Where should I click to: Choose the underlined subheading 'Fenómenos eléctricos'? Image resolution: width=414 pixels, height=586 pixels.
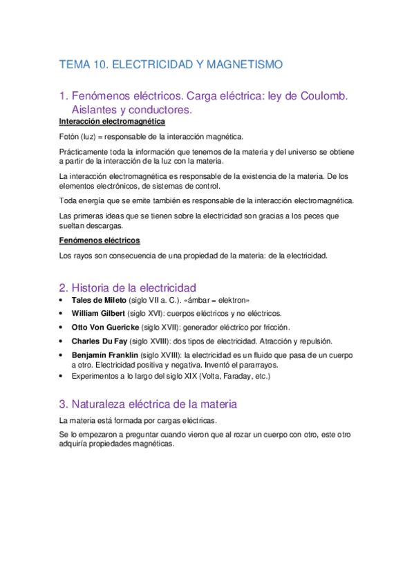pyautogui.click(x=100, y=240)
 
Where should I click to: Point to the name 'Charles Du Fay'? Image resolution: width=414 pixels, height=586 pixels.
pyautogui.click(x=100, y=341)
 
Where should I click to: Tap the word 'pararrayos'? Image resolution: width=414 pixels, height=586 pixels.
pyautogui.click(x=256, y=364)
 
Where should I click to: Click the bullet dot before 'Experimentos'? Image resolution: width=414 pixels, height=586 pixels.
pyautogui.click(x=63, y=377)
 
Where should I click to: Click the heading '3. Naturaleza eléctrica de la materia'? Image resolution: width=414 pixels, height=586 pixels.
pyautogui.click(x=149, y=404)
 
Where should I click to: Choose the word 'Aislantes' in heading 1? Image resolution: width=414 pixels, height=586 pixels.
pyautogui.click(x=95, y=109)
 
